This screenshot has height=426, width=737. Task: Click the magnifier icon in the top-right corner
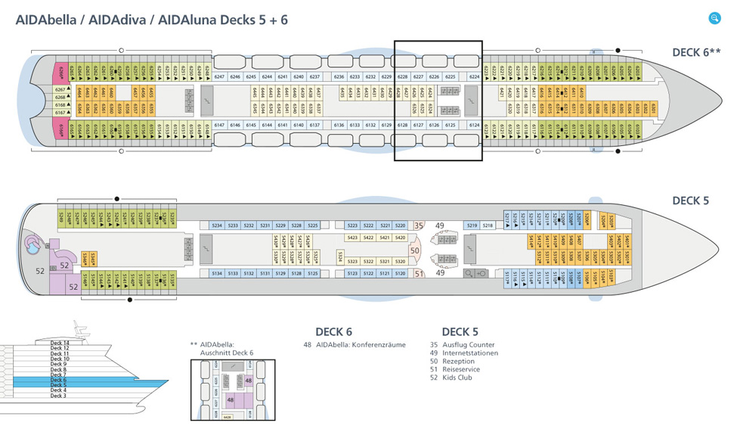[x=714, y=18]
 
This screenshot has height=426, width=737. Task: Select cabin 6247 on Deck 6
[x=220, y=76]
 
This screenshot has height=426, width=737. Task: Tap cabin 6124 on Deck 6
[x=475, y=125]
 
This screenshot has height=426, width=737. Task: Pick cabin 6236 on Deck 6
[x=339, y=76]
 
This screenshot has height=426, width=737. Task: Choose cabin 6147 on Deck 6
[x=220, y=125]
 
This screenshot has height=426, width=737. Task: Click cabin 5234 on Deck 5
[x=217, y=225]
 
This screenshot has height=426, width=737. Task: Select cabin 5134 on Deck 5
[x=217, y=273]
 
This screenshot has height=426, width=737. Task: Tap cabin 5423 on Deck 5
[x=351, y=238]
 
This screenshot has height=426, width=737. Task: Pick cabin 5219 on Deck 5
[x=472, y=225]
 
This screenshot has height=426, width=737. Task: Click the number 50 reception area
[x=414, y=250]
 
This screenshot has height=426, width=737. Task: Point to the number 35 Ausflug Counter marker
[x=420, y=225]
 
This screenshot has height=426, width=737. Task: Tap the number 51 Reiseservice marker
[x=420, y=274]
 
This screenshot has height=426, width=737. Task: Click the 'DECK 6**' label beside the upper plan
[x=696, y=52]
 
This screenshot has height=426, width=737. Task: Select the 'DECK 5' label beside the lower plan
[x=691, y=201]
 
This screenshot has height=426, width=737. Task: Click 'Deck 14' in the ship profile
[x=60, y=343]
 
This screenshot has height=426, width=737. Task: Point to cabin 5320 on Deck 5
[x=401, y=261]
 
